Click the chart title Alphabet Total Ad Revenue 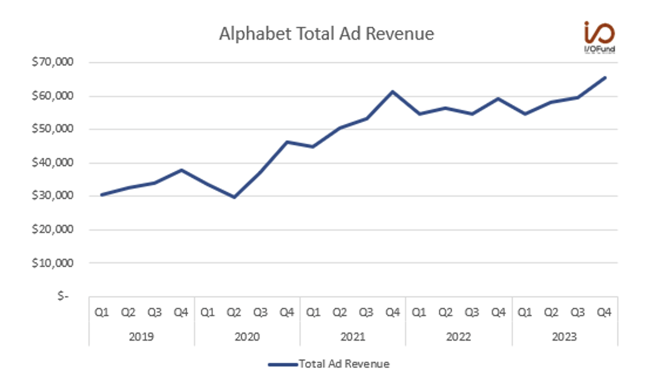tap(326, 34)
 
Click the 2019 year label tap(141, 337)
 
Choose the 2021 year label tap(353, 337)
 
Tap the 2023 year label tap(564, 337)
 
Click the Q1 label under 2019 tap(102, 313)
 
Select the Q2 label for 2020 tap(234, 313)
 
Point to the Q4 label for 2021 tap(392, 313)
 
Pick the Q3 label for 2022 tap(472, 313)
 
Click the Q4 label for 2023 tap(604, 313)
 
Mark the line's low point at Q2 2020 tap(234, 197)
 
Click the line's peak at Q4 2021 tap(392, 92)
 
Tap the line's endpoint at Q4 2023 tap(604, 78)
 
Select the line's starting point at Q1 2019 tap(102, 194)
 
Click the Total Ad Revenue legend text tap(344, 364)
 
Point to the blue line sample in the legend tap(283, 365)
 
